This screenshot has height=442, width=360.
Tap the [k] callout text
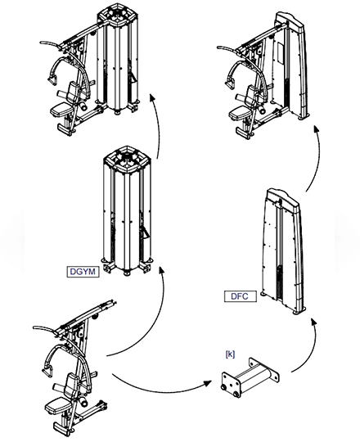[x=231, y=354]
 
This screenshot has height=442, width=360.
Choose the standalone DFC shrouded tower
[x=282, y=254]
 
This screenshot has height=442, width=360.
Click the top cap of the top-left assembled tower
[x=116, y=14]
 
